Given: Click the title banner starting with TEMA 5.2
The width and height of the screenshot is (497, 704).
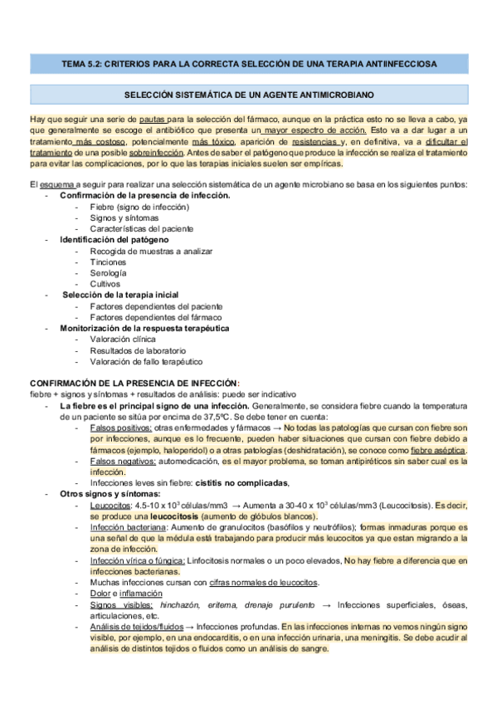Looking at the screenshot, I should [x=248, y=62].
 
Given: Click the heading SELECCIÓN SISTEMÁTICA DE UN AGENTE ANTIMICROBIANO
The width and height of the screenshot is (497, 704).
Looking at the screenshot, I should [x=248, y=96].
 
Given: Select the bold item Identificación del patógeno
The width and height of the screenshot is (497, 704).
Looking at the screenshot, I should [x=114, y=239].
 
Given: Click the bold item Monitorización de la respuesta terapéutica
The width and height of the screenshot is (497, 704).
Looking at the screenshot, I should [x=144, y=328].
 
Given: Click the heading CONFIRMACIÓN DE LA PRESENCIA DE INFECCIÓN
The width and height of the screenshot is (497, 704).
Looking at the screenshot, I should [x=134, y=382].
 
